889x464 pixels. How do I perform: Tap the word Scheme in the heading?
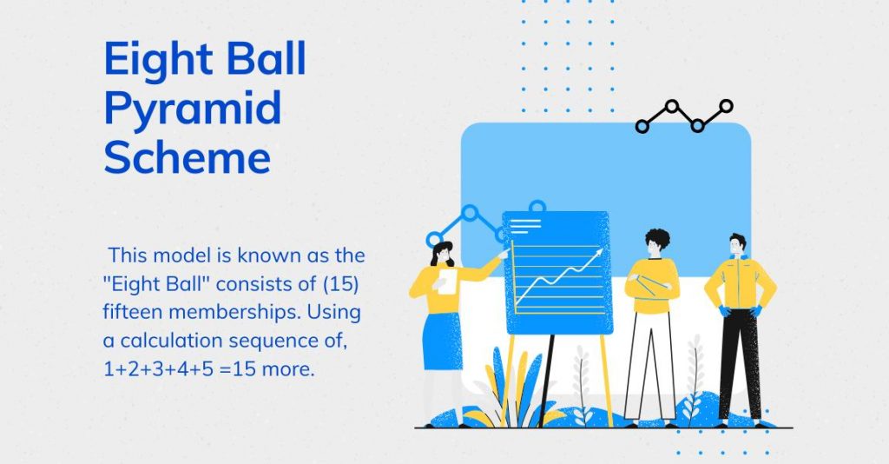188,156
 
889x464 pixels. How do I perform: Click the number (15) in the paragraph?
340,284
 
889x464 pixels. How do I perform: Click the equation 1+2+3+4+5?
159,369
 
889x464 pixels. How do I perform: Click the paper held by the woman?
447,282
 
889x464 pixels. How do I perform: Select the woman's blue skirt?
442,341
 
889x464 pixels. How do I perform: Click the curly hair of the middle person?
658,237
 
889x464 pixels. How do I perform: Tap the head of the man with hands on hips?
737,245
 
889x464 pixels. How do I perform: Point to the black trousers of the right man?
740,363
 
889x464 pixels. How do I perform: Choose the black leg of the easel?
547,380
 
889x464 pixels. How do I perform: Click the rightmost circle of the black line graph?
727,106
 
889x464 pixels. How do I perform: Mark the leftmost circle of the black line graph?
642,126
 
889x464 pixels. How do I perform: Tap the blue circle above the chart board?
537,207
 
